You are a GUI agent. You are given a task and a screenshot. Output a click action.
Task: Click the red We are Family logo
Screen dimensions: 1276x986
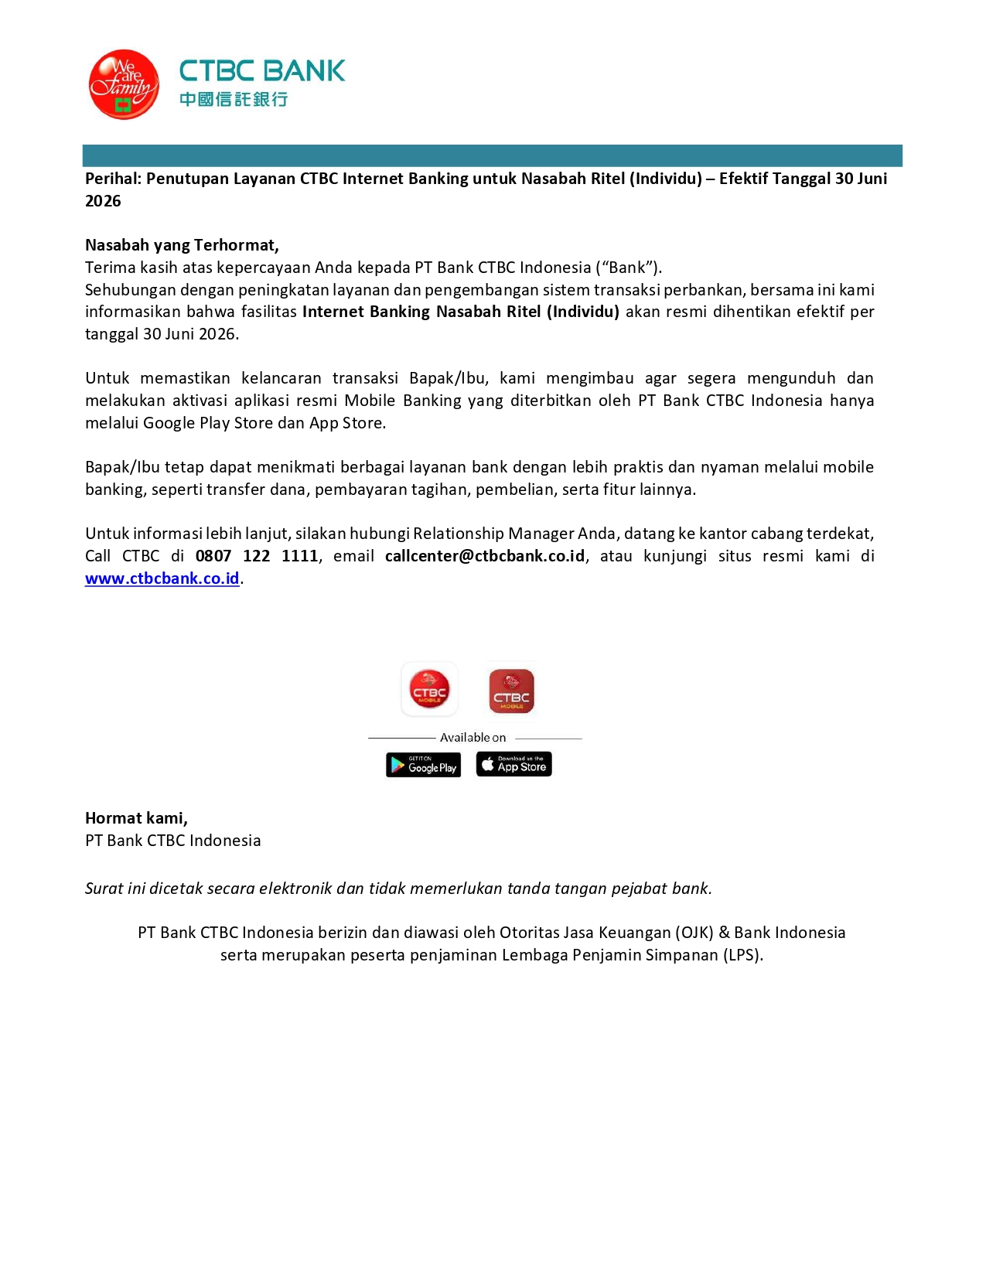(x=124, y=85)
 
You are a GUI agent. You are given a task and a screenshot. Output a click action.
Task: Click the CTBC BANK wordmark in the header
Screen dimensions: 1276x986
(x=262, y=71)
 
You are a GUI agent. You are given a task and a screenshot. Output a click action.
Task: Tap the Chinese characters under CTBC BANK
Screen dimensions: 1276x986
(x=234, y=99)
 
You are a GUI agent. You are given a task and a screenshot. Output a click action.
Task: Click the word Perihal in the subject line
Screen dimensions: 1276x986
(x=113, y=179)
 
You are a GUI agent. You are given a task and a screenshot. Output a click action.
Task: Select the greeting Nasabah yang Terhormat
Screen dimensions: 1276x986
(x=182, y=245)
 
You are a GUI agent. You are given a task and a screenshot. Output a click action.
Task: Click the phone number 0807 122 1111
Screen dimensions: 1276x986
(x=257, y=556)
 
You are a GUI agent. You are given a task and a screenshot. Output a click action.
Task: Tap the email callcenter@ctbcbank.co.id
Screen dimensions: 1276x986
(x=485, y=556)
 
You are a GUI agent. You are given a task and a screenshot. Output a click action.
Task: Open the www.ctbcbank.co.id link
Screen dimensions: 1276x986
(x=162, y=578)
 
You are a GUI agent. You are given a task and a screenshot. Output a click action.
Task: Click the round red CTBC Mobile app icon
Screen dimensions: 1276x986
(x=429, y=689)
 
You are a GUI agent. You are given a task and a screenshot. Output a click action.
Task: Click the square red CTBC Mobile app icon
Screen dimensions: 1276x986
(x=511, y=691)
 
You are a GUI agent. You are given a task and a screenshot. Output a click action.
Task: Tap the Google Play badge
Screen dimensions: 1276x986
(x=423, y=765)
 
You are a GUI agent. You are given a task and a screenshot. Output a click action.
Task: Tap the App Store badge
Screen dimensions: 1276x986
(x=513, y=764)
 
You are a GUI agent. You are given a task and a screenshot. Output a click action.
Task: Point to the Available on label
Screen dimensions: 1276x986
(x=473, y=738)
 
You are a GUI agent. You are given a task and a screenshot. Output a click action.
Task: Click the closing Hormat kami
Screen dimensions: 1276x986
(x=136, y=818)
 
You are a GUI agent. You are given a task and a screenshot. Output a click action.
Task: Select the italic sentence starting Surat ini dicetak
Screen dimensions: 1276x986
(x=398, y=889)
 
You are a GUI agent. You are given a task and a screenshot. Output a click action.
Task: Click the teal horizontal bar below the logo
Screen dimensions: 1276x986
(x=492, y=155)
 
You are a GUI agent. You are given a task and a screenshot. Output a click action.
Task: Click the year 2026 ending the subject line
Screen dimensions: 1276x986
(x=103, y=201)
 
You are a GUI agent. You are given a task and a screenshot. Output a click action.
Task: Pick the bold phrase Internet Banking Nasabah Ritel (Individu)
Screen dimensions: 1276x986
(x=461, y=312)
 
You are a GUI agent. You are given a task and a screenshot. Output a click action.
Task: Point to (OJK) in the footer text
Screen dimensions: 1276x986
(x=694, y=933)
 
